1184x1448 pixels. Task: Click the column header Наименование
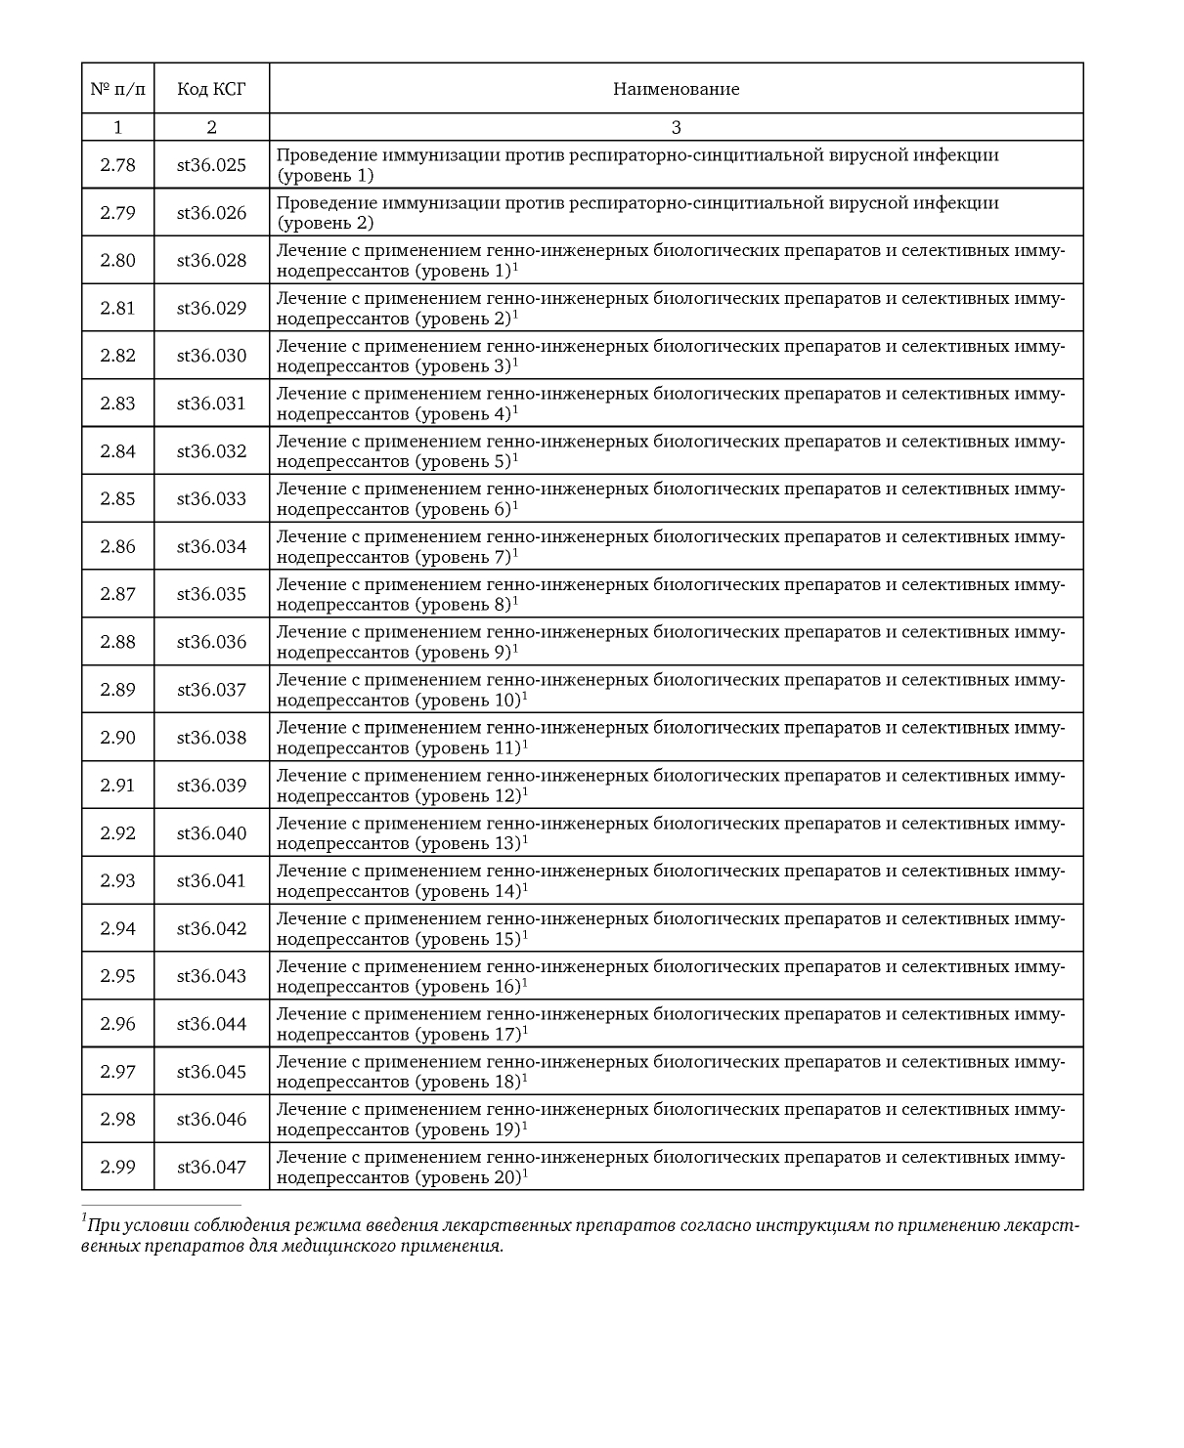click(x=676, y=89)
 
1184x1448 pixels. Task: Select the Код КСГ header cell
click(x=211, y=89)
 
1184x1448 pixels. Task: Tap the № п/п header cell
click(x=117, y=89)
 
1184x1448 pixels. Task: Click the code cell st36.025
click(x=211, y=165)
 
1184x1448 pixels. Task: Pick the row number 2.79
click(x=117, y=213)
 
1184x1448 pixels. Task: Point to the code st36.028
click(x=211, y=260)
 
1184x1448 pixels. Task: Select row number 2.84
click(x=117, y=451)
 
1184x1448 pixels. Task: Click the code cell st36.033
click(x=211, y=499)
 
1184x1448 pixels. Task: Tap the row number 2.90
click(x=117, y=738)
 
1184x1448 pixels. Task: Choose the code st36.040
click(x=211, y=833)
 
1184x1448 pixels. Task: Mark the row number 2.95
click(x=117, y=976)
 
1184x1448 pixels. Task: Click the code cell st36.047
click(x=211, y=1167)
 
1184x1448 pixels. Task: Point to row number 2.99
click(x=117, y=1167)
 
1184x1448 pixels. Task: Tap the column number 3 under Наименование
click(x=676, y=127)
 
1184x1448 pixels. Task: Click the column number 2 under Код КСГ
click(x=211, y=127)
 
